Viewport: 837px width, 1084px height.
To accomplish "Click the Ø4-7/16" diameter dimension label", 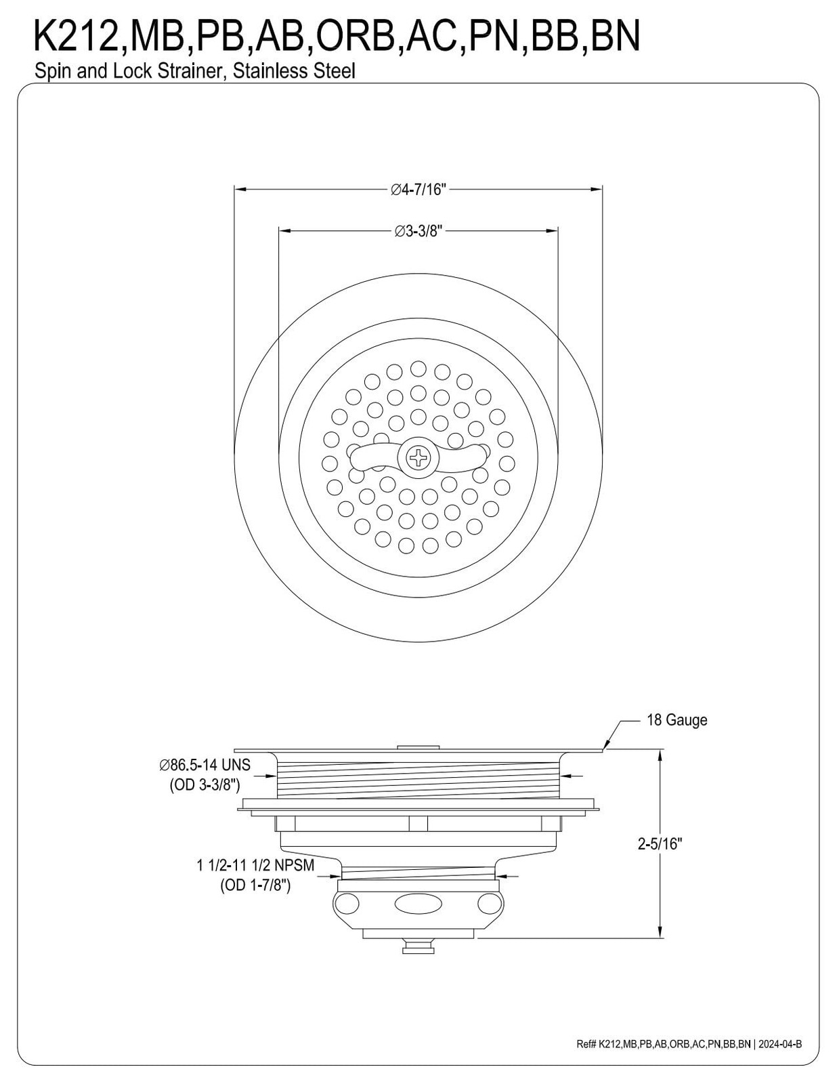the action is (418, 190).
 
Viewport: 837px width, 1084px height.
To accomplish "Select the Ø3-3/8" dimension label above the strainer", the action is (418, 232).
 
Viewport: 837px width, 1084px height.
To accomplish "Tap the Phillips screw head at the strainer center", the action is (418, 457).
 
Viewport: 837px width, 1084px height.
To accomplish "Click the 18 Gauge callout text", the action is (677, 720).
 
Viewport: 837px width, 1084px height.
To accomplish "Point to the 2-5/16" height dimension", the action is (660, 844).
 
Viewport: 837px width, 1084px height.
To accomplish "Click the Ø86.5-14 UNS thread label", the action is (205, 764).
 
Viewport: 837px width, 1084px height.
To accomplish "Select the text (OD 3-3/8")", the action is (205, 785).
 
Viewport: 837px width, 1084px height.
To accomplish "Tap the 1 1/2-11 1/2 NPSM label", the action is (255, 864).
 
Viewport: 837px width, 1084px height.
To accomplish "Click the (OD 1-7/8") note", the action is (255, 885).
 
